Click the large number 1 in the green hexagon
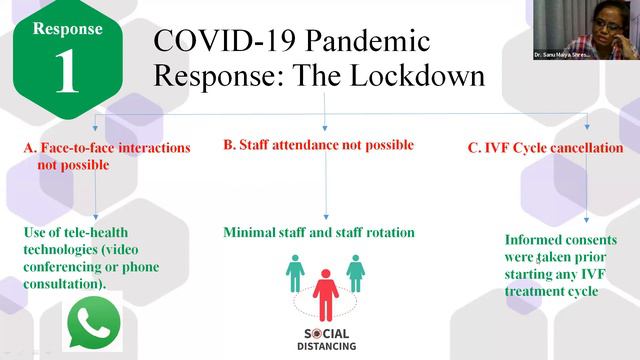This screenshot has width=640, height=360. point(66,73)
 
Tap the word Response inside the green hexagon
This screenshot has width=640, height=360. point(67,29)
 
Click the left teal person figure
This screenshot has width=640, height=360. point(295,272)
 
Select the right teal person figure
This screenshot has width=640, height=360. point(355,272)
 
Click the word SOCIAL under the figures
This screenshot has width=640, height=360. point(325,334)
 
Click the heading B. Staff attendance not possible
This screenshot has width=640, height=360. point(318,145)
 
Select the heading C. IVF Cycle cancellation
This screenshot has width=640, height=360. point(545,148)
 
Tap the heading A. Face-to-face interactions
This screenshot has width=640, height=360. point(106,148)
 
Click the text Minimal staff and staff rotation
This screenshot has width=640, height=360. point(318,233)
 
